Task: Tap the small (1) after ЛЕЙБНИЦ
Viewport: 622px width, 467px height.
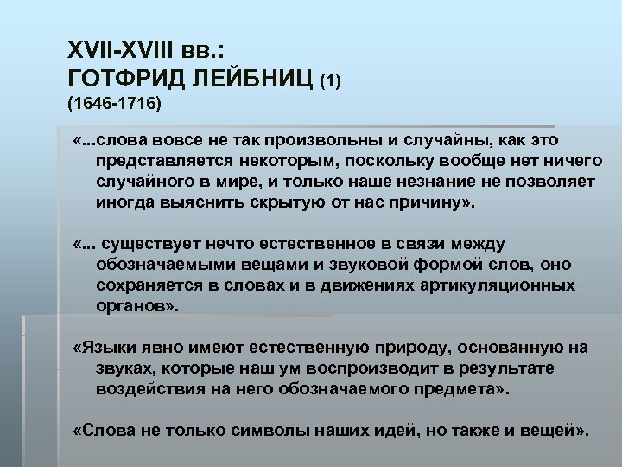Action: point(332,80)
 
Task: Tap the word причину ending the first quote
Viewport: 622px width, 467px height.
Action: point(433,202)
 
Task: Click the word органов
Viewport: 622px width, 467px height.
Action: point(133,306)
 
